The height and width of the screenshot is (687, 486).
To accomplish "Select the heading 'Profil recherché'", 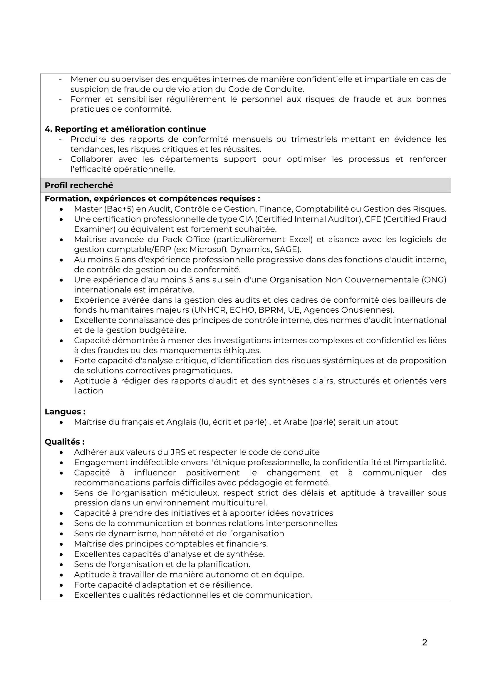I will pyautogui.click(x=79, y=185).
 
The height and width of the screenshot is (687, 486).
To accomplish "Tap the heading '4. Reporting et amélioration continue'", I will pyautogui.click(x=125, y=129).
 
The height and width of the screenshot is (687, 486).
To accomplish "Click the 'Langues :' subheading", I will pyautogui.click(x=65, y=412).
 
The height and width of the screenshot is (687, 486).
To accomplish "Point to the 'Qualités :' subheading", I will pyautogui.click(x=64, y=442).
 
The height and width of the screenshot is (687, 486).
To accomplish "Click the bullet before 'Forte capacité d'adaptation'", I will pyautogui.click(x=61, y=585).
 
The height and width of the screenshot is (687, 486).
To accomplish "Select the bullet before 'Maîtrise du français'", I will pyautogui.click(x=61, y=422).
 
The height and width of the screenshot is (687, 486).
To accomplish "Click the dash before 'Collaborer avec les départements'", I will pyautogui.click(x=61, y=159).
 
